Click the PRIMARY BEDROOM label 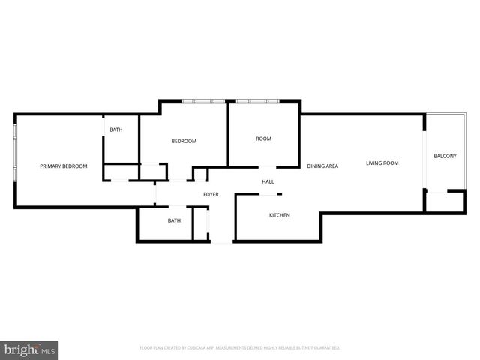click(64, 166)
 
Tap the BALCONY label click(445, 156)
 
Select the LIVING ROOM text click(382, 163)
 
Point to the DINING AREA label click(322, 166)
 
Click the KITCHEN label click(280, 215)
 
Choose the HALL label click(268, 182)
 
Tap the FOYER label click(211, 195)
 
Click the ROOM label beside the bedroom click(263, 139)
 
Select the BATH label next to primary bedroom click(115, 130)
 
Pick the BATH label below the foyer click(174, 220)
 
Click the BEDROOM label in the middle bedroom click(184, 142)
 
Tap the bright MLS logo click(29, 349)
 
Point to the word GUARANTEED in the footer click(325, 348)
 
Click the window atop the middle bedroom click(204, 100)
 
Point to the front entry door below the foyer click(221, 241)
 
